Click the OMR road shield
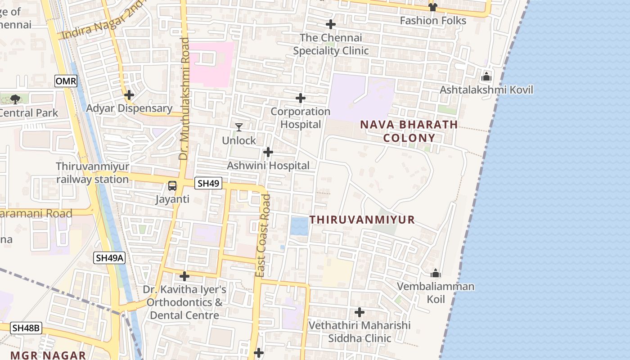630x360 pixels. coord(66,81)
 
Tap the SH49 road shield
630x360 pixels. coord(209,183)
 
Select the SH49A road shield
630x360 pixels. coord(109,258)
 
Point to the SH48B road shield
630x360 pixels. coord(27,328)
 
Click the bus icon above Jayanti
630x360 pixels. coord(172,185)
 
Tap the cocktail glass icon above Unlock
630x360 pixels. coord(239,127)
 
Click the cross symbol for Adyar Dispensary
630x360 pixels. coord(129,95)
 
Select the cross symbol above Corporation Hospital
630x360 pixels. coord(301,98)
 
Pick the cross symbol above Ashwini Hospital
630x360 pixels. coord(268,152)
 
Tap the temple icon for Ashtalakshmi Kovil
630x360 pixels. coord(486,77)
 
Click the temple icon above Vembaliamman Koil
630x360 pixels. coord(435,273)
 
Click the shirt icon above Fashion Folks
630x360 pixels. coord(433,7)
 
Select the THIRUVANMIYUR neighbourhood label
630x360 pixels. coord(362,220)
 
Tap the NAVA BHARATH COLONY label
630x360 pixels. coord(409,131)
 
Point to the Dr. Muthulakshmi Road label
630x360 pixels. coord(184,99)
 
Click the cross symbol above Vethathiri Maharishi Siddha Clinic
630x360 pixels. coord(360,312)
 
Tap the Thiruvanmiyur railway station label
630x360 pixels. coord(93,173)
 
